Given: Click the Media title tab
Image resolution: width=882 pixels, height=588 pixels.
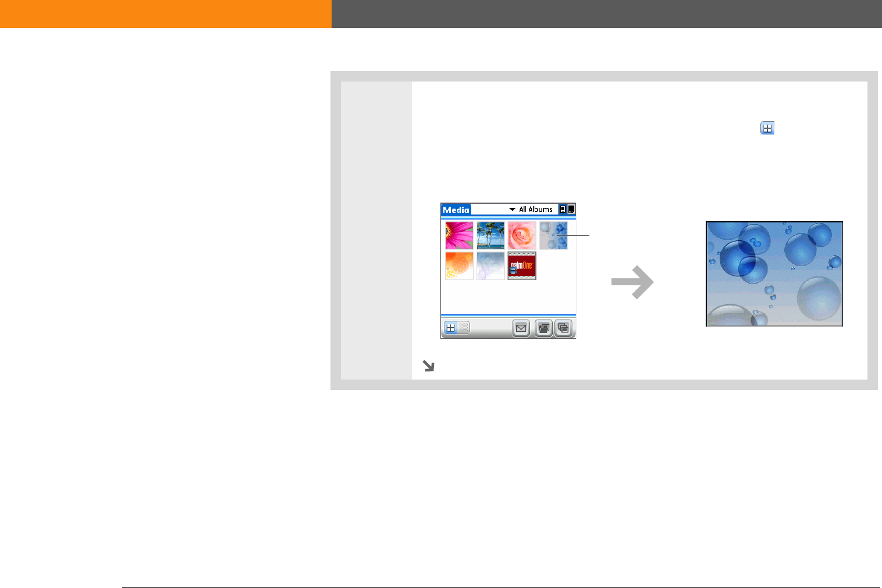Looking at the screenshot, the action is [x=456, y=210].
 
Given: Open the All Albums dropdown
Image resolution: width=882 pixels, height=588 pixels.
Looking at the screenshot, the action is [x=531, y=209].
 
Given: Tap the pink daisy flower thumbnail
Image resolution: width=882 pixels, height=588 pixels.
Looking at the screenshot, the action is [x=459, y=235].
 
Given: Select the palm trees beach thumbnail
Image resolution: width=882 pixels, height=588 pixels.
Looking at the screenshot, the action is [x=490, y=235].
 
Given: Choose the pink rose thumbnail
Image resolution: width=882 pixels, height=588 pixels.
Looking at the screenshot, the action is [x=522, y=235].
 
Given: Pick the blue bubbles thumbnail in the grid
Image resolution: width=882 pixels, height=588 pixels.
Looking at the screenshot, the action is [x=553, y=235].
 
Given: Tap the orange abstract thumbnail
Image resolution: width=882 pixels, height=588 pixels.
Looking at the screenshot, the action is [x=459, y=266].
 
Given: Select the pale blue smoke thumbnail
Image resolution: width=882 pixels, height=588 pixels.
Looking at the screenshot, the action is [x=490, y=266].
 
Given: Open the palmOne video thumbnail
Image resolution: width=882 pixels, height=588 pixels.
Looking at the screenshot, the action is [x=522, y=266].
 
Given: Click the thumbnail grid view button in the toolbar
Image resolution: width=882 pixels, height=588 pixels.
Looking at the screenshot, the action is [x=450, y=328].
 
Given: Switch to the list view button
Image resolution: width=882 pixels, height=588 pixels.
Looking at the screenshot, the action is [x=464, y=328].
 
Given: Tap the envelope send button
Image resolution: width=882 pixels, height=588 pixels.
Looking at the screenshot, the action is [x=521, y=328].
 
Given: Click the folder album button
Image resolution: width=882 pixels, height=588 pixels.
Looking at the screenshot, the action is [x=543, y=328].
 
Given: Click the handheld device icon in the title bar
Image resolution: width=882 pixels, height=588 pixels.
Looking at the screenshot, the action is [x=563, y=209].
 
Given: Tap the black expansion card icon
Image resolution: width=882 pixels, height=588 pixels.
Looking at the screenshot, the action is [x=571, y=209].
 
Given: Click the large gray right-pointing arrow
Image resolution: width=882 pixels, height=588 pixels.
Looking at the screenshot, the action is [x=632, y=282].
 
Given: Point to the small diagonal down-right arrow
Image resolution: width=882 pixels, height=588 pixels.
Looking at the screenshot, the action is [x=428, y=366].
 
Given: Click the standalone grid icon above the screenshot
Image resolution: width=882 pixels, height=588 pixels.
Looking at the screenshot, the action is [x=767, y=128].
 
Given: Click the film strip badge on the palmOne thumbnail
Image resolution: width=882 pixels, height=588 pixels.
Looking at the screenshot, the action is [x=513, y=270].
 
